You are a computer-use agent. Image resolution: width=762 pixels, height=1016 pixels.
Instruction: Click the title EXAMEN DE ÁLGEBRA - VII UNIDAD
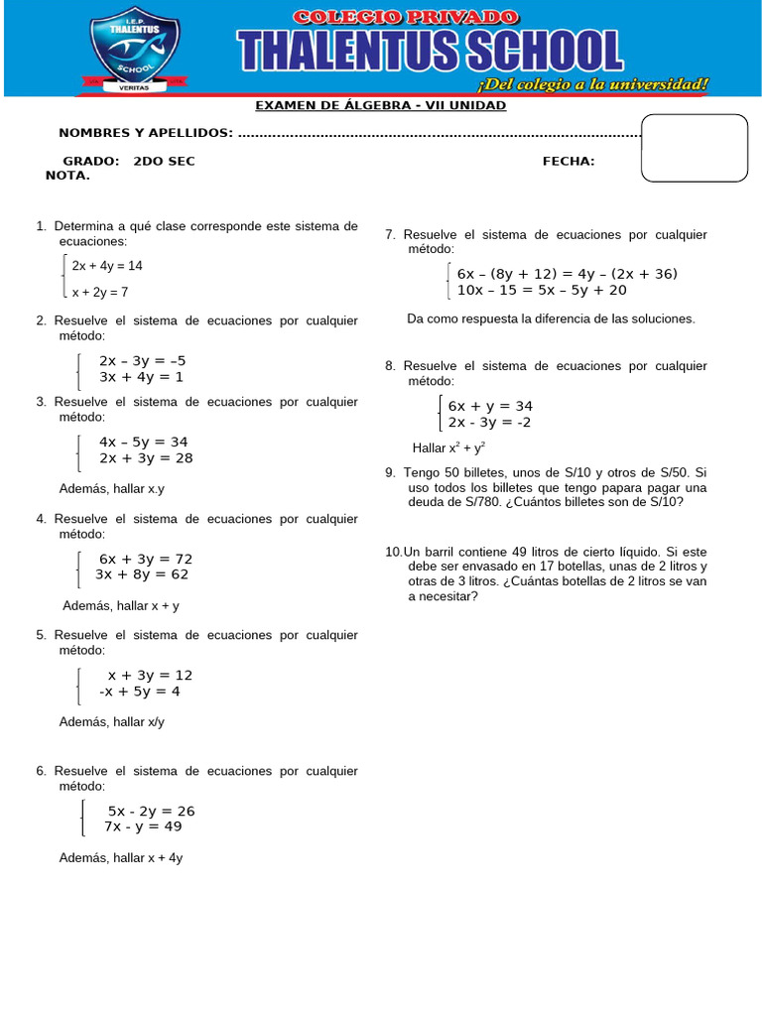pyautogui.click(x=381, y=105)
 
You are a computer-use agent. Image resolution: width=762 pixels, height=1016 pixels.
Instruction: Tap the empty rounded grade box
pyautogui.click(x=695, y=149)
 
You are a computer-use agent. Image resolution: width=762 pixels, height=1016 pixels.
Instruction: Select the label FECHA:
pyautogui.click(x=569, y=161)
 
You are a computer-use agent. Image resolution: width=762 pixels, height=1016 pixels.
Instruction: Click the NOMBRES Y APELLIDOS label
pyautogui.click(x=146, y=133)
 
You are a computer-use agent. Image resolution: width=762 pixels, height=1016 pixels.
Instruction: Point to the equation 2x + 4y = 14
pyautogui.click(x=107, y=266)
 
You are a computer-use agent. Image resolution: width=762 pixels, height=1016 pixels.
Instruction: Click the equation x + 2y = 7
pyautogui.click(x=100, y=292)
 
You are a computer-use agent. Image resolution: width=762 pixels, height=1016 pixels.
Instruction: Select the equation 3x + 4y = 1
pyautogui.click(x=141, y=377)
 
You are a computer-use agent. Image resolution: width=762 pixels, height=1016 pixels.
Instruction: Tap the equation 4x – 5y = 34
pyautogui.click(x=144, y=442)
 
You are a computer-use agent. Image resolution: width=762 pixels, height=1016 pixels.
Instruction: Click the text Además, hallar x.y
pyautogui.click(x=112, y=489)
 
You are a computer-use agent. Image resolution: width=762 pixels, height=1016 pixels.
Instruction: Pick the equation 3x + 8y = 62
pyautogui.click(x=142, y=573)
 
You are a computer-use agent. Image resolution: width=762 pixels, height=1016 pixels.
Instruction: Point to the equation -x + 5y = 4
pyautogui.click(x=140, y=691)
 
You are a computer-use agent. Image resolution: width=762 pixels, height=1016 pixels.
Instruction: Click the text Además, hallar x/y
pyautogui.click(x=112, y=722)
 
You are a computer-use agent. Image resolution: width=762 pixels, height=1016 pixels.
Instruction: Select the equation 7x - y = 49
pyautogui.click(x=143, y=825)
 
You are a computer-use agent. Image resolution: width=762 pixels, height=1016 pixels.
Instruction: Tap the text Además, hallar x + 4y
pyautogui.click(x=121, y=858)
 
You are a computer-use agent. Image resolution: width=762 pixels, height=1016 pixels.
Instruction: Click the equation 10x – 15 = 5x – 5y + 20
pyautogui.click(x=542, y=290)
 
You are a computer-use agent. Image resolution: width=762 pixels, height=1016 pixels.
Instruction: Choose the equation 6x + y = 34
pyautogui.click(x=490, y=406)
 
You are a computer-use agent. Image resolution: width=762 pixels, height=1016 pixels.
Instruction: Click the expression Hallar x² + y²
pyautogui.click(x=448, y=447)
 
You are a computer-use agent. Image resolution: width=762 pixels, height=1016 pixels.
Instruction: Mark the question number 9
pyautogui.click(x=390, y=473)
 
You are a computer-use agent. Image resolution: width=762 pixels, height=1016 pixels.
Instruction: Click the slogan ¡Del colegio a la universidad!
pyautogui.click(x=593, y=85)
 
